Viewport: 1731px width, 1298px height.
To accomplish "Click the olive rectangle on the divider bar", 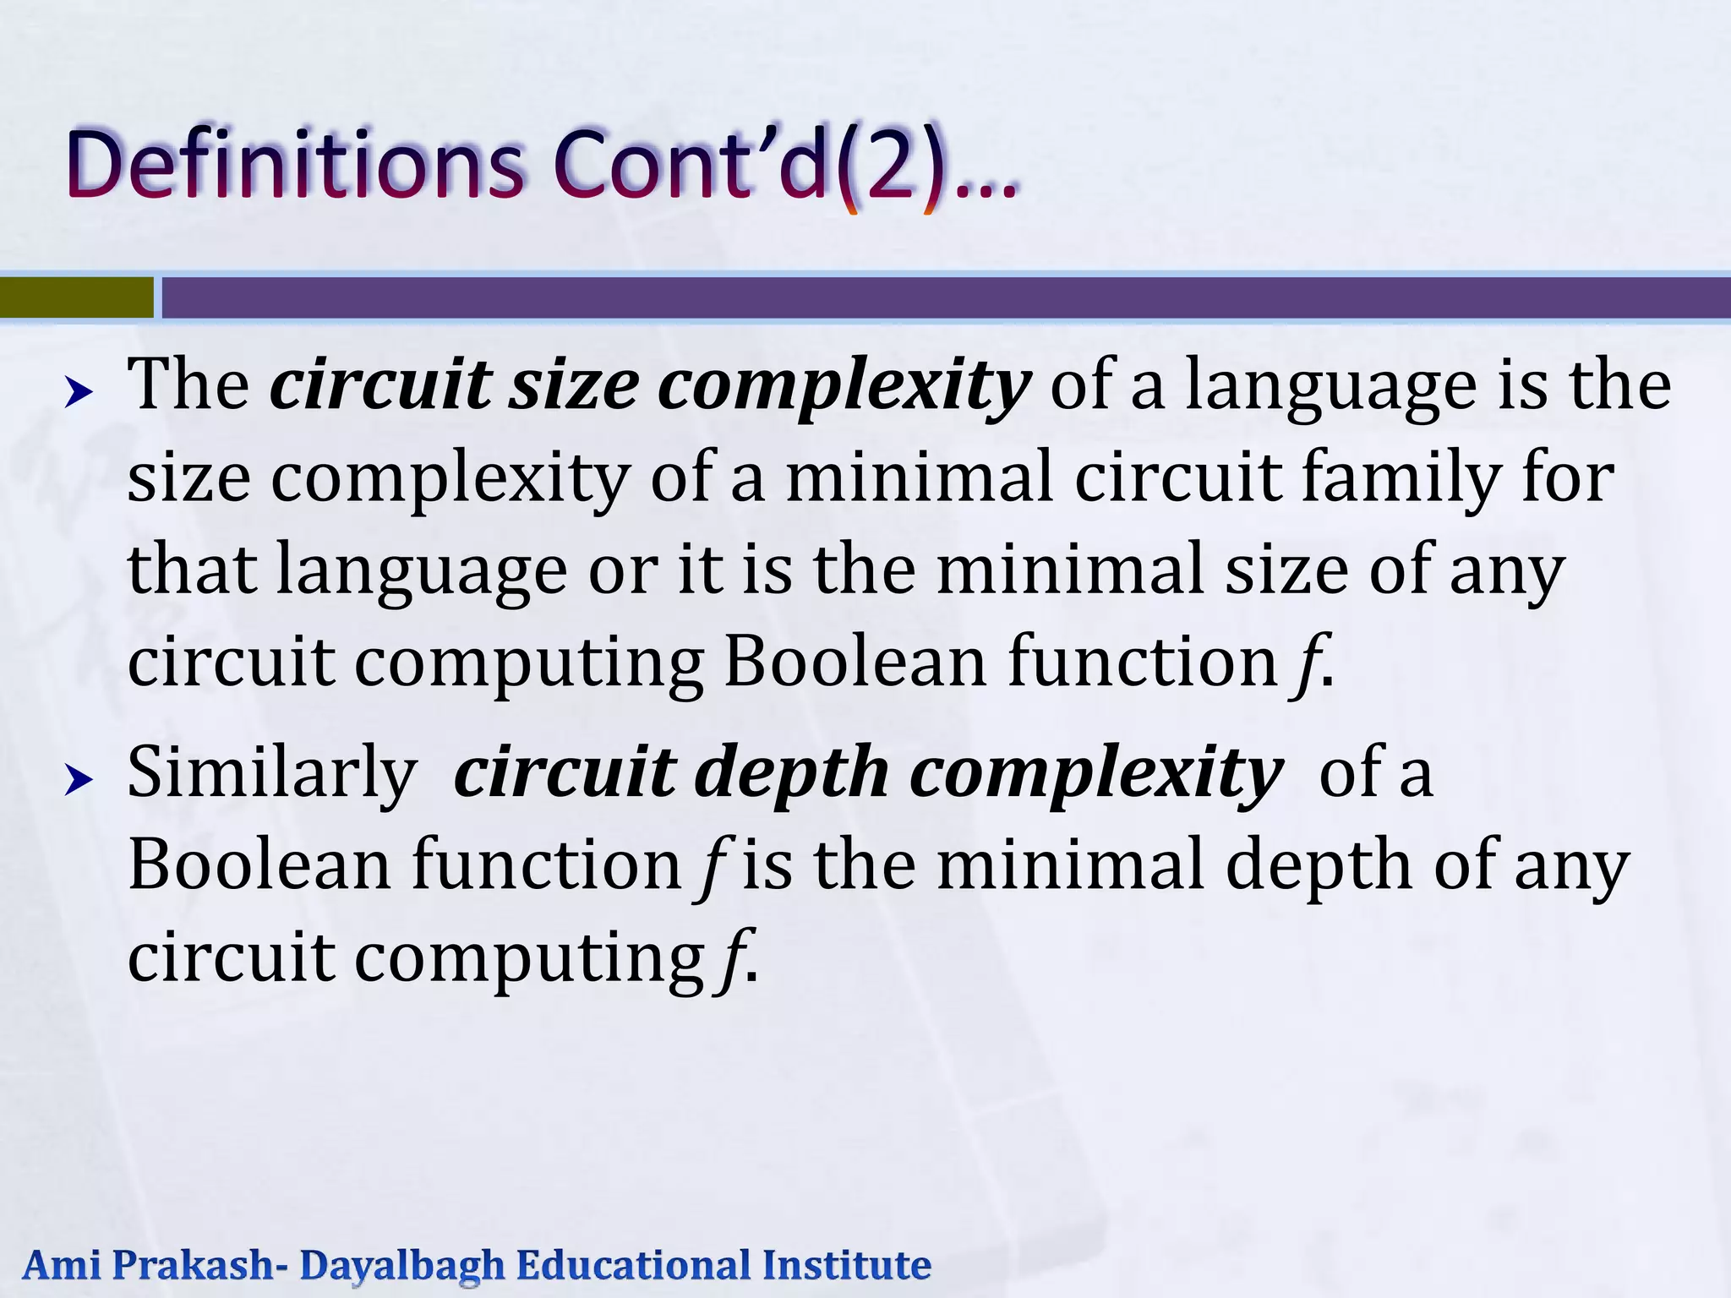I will (x=76, y=297).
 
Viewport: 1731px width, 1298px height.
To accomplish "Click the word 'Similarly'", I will (x=271, y=774).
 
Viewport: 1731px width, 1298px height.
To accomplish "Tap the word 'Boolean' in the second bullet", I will (x=259, y=865).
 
